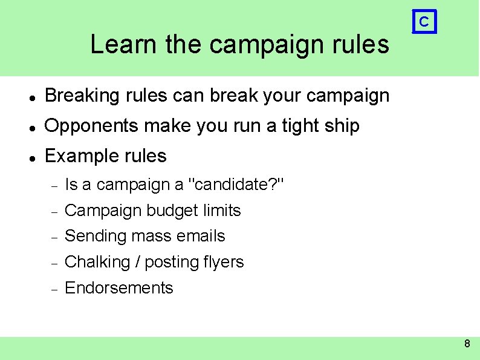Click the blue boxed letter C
tap(424, 22)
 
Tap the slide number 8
tap(467, 344)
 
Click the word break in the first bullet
tap(227, 96)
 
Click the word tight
tap(301, 126)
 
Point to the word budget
tap(172, 211)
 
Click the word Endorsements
tap(118, 288)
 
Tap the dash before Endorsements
tap(53, 289)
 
